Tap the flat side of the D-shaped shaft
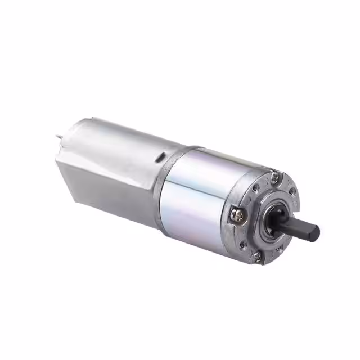[298, 221]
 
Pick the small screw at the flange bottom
[257, 256]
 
